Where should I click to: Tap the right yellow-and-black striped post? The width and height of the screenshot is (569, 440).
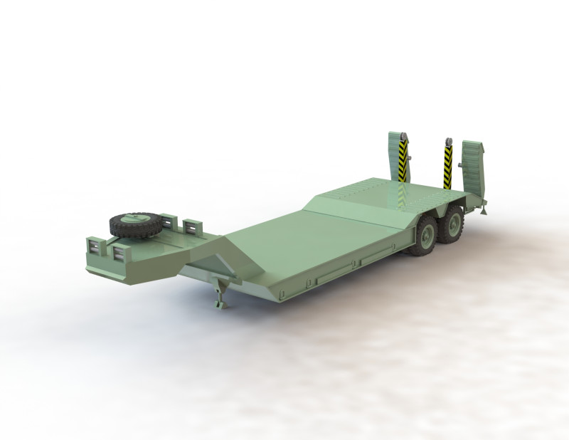pos(448,166)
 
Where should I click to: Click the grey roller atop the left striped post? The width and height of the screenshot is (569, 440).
pos(403,137)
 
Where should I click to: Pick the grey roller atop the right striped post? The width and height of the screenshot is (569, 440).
pos(448,141)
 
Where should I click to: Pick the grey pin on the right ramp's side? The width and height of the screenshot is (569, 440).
pos(460,166)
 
